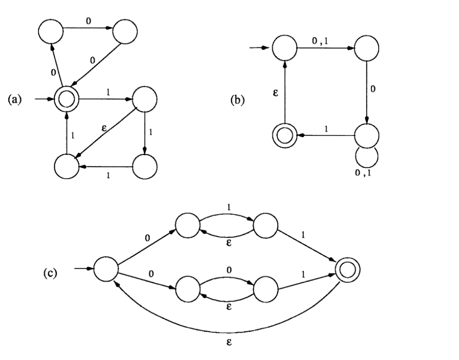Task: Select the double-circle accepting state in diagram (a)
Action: (x=66, y=99)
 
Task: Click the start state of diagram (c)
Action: (x=106, y=269)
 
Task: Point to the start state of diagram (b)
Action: (x=284, y=48)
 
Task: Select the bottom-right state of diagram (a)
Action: (x=144, y=165)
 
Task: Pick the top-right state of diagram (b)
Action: (x=367, y=48)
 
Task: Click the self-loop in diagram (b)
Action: (x=367, y=158)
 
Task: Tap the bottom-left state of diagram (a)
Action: (x=66, y=165)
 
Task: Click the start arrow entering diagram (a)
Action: (x=45, y=99)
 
